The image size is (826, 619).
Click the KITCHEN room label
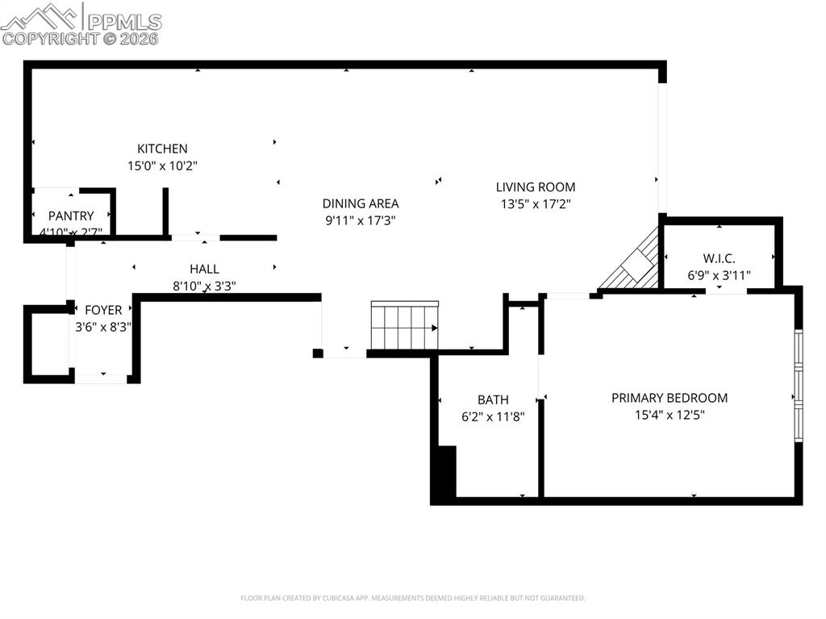point(162,148)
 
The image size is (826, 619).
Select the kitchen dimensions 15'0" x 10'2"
point(162,165)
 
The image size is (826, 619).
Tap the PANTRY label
point(71,215)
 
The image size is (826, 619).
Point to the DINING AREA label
point(361,203)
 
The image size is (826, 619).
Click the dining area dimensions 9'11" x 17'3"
point(361,220)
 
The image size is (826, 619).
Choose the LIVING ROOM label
point(536,187)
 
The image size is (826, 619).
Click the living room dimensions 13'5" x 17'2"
point(536,204)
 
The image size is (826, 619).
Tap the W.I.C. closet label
point(719,258)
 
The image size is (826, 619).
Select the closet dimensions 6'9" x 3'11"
point(719,275)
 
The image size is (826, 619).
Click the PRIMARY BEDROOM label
point(670,398)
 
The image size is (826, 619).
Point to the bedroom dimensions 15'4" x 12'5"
point(670,415)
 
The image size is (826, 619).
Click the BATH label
point(493,399)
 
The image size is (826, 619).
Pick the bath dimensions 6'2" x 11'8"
point(493,416)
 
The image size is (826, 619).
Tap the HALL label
point(204,269)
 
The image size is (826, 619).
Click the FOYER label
point(103,310)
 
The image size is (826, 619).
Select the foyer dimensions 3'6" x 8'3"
point(103,327)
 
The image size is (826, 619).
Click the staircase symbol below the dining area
point(405,326)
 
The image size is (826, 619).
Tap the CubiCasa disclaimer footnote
point(413,598)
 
